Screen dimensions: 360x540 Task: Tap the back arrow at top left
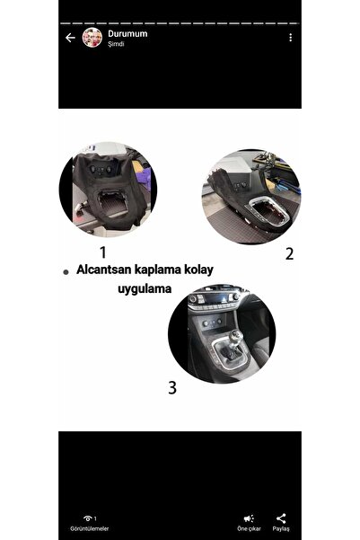(70, 38)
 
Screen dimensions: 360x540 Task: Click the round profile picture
(92, 38)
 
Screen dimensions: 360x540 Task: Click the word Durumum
(127, 34)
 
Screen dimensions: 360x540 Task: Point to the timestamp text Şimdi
(116, 44)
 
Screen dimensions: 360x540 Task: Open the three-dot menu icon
(291, 38)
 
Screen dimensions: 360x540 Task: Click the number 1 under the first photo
(103, 252)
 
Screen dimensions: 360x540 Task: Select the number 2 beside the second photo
(289, 254)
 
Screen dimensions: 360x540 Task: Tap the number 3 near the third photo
(172, 387)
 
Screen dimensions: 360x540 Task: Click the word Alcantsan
(103, 270)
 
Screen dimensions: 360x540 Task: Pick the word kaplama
(157, 270)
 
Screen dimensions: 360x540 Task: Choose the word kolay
(199, 270)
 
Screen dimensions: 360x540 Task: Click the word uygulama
(145, 289)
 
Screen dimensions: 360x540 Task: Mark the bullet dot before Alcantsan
(66, 272)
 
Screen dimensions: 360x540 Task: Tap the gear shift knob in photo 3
(236, 336)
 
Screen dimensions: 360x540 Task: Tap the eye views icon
(88, 518)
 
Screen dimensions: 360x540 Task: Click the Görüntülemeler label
(90, 528)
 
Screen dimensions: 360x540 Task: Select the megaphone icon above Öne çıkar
(249, 518)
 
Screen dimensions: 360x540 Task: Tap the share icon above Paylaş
(281, 518)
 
